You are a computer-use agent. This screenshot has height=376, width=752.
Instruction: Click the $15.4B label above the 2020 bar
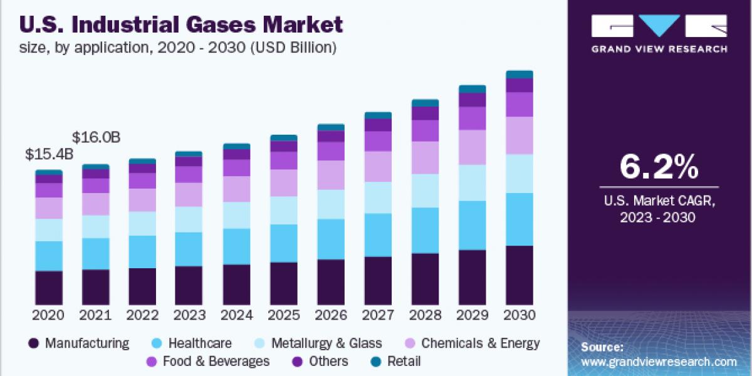[49, 154]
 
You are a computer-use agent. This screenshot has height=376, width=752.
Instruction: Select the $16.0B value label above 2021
[96, 137]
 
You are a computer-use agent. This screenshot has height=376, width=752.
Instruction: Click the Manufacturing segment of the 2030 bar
[520, 274]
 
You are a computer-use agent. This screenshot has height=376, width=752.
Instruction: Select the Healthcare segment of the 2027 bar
[378, 234]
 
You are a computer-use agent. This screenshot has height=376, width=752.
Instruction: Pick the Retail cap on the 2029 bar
[473, 89]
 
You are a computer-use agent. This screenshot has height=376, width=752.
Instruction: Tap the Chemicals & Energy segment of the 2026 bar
[331, 175]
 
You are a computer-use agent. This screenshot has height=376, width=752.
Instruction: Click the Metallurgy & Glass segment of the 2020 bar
[49, 230]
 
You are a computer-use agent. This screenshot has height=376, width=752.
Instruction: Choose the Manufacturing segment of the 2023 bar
[189, 285]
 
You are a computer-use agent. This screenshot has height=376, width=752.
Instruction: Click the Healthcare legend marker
[157, 343]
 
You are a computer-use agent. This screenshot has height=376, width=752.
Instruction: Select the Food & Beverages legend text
[216, 362]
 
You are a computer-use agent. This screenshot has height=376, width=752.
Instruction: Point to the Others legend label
[328, 362]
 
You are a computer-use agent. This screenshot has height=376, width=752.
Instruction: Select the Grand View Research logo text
[659, 49]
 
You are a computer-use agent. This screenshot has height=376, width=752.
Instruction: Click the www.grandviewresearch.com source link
[659, 362]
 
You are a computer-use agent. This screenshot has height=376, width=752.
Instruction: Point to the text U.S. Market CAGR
[659, 201]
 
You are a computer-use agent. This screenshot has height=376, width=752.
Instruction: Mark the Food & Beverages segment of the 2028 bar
[425, 130]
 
